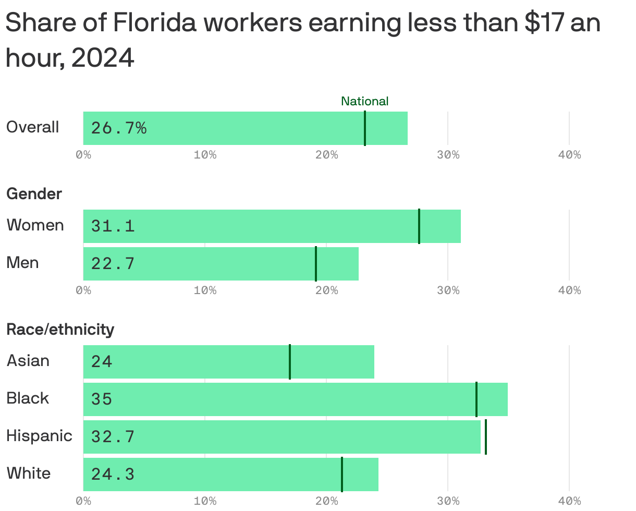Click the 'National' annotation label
[x=364, y=101]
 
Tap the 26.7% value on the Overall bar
[x=119, y=128]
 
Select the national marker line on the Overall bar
[x=365, y=128]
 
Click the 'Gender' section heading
[x=34, y=194]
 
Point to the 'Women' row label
[x=35, y=225]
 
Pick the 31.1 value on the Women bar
[x=113, y=226]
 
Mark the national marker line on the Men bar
[x=316, y=264]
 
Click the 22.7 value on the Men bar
[x=113, y=264]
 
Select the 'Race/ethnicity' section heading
[x=60, y=330]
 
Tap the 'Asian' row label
[x=28, y=361]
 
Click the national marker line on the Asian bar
[x=290, y=362]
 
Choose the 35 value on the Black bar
[x=102, y=399]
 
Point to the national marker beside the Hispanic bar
[x=486, y=437]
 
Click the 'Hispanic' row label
[x=39, y=436]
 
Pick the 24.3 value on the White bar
[x=113, y=475]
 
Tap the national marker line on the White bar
[x=342, y=475]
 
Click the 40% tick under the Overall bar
[x=569, y=155]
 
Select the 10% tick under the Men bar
[x=205, y=290]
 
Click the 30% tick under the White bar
[x=448, y=501]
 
